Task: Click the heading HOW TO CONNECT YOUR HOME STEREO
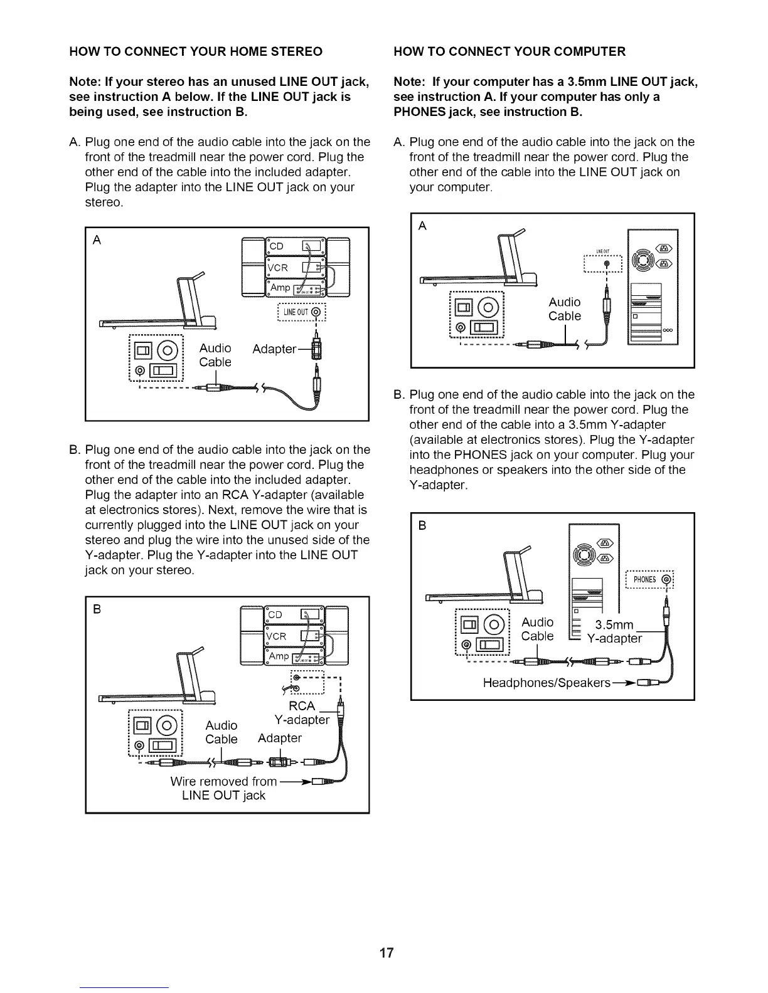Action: (x=196, y=51)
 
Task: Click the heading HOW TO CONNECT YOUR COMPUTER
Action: (x=509, y=51)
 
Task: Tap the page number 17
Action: (x=387, y=954)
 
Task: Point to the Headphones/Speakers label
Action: (x=546, y=682)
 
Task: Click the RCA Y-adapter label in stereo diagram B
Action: (x=302, y=713)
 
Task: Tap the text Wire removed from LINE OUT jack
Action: (x=223, y=789)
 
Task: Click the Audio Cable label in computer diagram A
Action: (x=565, y=309)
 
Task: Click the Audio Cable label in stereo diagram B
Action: (x=221, y=732)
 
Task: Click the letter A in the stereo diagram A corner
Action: (x=97, y=241)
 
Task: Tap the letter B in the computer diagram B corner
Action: (x=422, y=526)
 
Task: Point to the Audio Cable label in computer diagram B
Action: (x=538, y=629)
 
